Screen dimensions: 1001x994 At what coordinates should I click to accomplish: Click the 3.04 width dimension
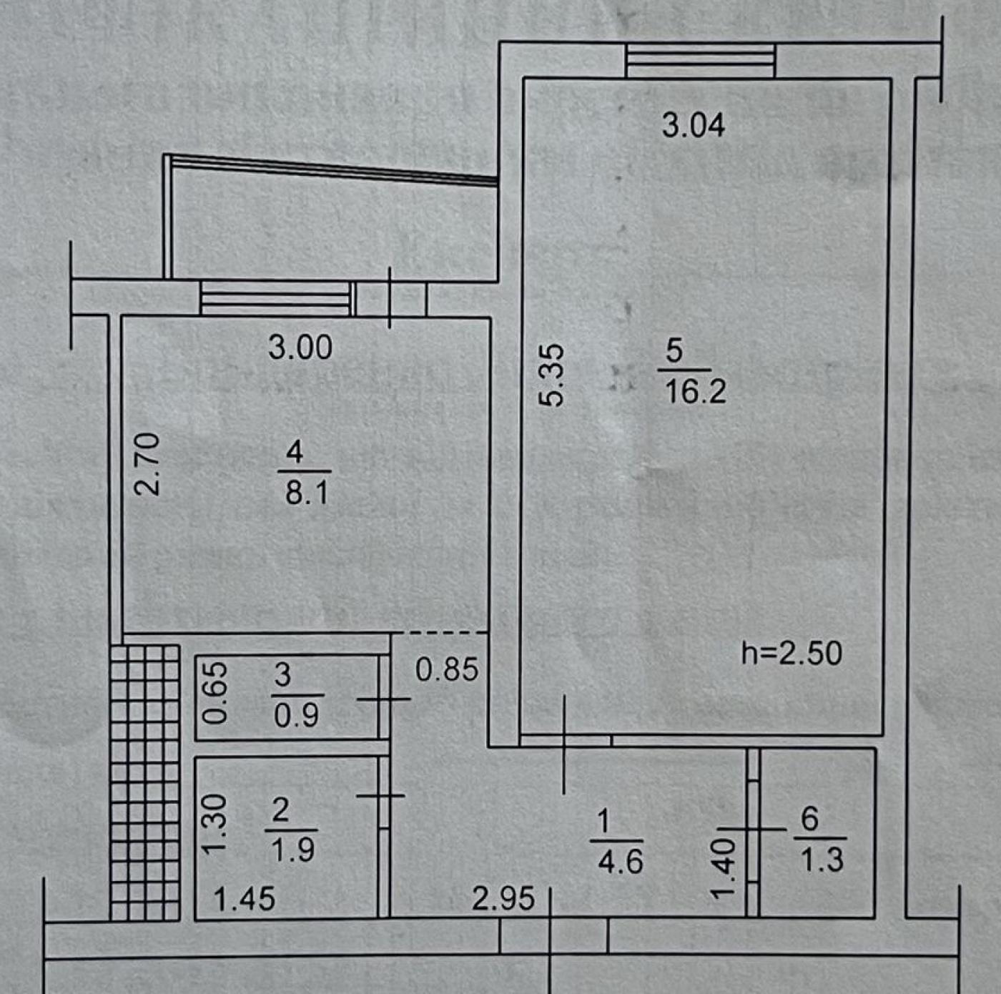click(x=693, y=127)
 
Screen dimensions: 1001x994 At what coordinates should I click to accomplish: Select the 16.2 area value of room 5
click(x=695, y=392)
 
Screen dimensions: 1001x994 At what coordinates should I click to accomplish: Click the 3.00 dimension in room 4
click(x=300, y=348)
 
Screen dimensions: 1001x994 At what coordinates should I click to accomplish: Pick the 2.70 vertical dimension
click(x=147, y=464)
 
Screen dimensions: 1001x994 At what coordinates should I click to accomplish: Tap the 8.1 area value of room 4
click(x=307, y=493)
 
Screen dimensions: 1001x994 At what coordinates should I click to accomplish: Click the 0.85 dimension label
click(x=447, y=670)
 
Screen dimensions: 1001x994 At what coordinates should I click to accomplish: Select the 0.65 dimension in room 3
click(x=215, y=693)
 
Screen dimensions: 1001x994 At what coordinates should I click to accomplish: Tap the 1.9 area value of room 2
click(x=293, y=850)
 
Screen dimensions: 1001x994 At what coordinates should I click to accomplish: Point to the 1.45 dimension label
click(x=244, y=900)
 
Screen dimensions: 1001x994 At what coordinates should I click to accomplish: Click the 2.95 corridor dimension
click(x=503, y=899)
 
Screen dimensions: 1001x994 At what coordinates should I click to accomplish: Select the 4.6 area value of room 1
click(x=620, y=862)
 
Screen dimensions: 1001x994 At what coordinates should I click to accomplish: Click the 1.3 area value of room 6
click(x=822, y=860)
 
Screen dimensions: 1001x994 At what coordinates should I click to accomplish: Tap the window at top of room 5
click(x=701, y=61)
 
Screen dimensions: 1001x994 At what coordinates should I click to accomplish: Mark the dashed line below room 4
click(x=439, y=633)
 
